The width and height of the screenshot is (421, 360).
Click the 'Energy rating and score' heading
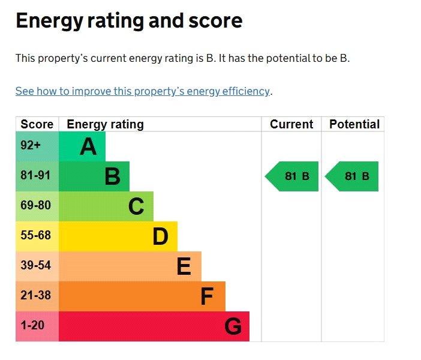(129, 21)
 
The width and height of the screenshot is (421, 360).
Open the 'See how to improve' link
(142, 91)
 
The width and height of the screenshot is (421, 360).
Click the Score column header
(37, 124)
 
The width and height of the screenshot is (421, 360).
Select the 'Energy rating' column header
(106, 125)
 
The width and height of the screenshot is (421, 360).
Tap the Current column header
(291, 124)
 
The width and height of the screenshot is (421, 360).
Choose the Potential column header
(354, 124)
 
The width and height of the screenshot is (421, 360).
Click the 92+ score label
(31, 145)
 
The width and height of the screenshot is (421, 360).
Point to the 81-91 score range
(35, 175)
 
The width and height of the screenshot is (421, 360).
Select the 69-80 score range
(36, 205)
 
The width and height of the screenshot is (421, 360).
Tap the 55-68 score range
(36, 235)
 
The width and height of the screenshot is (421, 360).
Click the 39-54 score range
(36, 265)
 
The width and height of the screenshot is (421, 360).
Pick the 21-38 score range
(36, 295)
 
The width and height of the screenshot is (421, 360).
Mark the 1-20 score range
(32, 325)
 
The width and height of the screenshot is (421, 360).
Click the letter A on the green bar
(88, 146)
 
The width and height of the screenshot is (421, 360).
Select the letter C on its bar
(136, 206)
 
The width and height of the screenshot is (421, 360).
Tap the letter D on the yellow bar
(160, 236)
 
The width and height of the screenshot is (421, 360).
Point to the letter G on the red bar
(233, 326)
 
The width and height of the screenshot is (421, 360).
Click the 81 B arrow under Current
(292, 176)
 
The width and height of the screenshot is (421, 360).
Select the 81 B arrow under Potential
(351, 176)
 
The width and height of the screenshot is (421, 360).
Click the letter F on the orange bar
(207, 296)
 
